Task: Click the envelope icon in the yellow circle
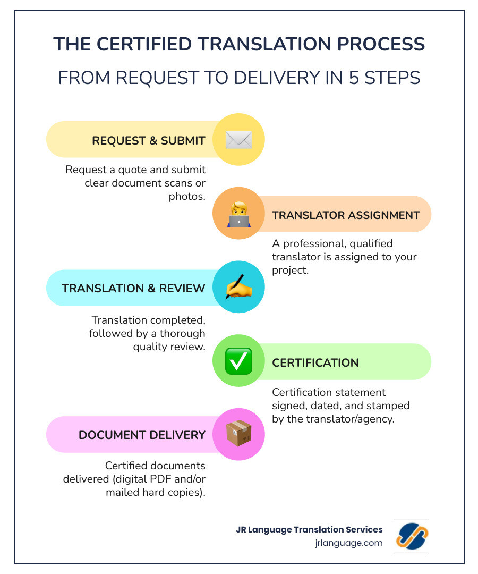click(x=238, y=140)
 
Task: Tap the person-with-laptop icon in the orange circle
click(x=238, y=214)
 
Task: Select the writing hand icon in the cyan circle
click(x=238, y=288)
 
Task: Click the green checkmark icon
click(x=238, y=361)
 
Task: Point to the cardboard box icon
click(x=238, y=434)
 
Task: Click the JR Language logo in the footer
click(x=412, y=536)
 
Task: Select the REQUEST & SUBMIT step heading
click(x=149, y=140)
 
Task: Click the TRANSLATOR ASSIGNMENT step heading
click(x=346, y=215)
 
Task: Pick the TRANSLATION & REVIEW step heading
click(x=133, y=288)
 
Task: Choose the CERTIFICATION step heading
click(x=315, y=362)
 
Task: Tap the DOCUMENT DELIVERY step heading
click(x=142, y=435)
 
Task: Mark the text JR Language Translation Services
click(x=309, y=529)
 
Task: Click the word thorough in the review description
click(x=177, y=334)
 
